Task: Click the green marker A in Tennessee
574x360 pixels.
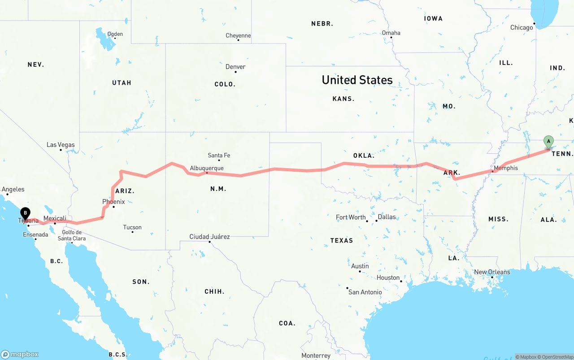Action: tap(548, 142)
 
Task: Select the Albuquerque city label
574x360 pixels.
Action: tap(206, 168)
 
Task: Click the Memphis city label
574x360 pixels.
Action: tap(505, 168)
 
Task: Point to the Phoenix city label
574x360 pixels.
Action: tap(113, 202)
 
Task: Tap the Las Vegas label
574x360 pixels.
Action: tap(61, 145)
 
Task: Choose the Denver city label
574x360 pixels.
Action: tap(235, 67)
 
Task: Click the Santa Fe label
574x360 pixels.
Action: tap(219, 156)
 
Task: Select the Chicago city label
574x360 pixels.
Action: tap(522, 27)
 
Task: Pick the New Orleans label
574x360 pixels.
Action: tap(492, 272)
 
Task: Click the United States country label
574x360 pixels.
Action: tap(357, 80)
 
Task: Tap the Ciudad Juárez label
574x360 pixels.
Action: tap(209, 237)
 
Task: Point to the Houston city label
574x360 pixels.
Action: tap(388, 278)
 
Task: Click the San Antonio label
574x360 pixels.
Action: tap(365, 292)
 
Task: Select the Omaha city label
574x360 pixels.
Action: tap(391, 33)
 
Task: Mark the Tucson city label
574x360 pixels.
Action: tap(132, 227)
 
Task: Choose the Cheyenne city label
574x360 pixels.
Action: tap(238, 35)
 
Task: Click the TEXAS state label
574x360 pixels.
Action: tap(342, 240)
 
